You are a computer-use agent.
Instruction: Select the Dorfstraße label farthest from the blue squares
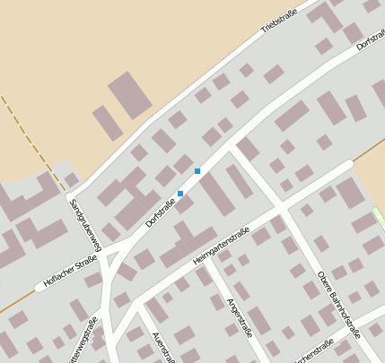click(370, 34)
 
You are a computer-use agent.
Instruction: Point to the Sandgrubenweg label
click(85, 221)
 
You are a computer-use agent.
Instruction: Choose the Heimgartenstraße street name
click(221, 247)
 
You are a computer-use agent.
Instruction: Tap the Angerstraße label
click(240, 316)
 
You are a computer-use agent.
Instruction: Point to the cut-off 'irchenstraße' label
click(316, 349)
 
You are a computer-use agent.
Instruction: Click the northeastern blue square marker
click(197, 171)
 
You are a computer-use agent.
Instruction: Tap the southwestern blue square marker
click(180, 194)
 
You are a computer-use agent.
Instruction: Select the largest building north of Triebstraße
click(131, 94)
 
